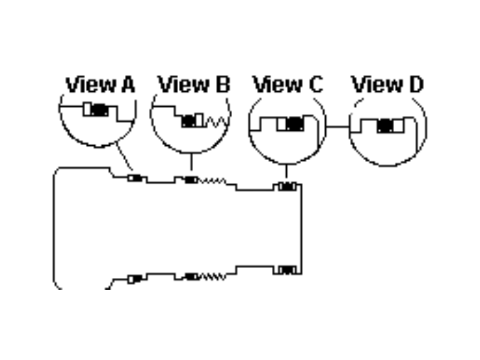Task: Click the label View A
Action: point(100,85)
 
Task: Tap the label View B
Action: point(194,85)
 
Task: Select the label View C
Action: point(288,85)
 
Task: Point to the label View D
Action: point(388,85)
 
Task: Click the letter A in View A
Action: point(127,85)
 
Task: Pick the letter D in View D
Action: point(415,85)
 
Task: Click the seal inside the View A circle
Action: point(97,110)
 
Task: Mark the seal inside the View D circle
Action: point(386,125)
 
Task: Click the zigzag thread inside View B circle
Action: point(215,121)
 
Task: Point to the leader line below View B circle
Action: point(191,162)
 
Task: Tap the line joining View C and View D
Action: point(338,127)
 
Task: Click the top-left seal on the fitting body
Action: point(135,178)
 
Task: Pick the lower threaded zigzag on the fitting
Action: point(213,277)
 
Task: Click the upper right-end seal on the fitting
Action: point(287,187)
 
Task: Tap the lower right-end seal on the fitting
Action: point(287,270)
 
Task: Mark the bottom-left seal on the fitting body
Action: point(135,278)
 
